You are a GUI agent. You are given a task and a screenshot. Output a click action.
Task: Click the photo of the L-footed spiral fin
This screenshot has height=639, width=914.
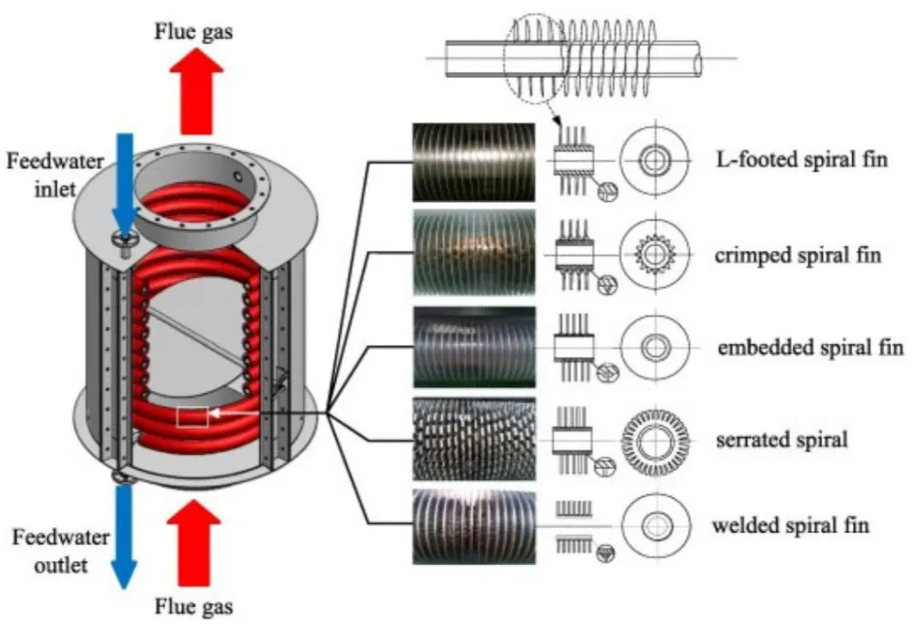473,162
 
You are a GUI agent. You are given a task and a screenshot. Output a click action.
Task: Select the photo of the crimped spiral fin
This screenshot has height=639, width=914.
473,253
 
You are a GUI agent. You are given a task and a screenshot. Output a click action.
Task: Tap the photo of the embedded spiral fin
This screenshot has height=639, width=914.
473,347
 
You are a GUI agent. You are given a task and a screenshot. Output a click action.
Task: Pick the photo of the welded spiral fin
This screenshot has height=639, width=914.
473,527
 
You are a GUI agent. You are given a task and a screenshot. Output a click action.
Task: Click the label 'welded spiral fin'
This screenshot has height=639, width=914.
791,526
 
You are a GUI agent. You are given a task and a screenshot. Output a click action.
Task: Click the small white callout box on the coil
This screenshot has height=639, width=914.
192,417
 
